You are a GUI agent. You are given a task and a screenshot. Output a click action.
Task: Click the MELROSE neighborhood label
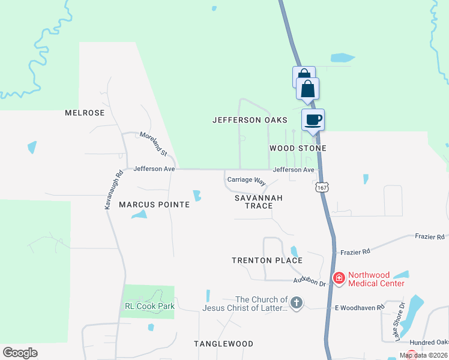click(85, 113)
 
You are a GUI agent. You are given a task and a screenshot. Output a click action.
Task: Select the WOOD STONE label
click(298, 148)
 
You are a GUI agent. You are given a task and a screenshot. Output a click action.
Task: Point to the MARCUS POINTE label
click(154, 205)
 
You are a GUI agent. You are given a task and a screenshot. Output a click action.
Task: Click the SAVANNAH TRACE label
click(258, 202)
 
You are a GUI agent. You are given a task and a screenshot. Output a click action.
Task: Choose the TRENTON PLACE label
click(267, 260)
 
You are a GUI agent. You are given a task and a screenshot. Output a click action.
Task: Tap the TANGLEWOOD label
click(223, 344)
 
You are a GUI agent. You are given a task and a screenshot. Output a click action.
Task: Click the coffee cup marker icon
click(313, 120)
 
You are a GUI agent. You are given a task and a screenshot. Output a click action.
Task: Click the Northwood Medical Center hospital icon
click(339, 277)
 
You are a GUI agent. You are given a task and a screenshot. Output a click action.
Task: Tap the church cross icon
click(296, 304)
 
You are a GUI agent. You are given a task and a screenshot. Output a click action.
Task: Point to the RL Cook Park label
click(150, 306)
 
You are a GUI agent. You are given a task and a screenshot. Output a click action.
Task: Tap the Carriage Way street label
click(246, 180)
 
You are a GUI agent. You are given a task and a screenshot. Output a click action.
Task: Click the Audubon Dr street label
click(309, 281)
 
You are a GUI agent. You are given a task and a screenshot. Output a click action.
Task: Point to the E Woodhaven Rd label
click(359, 308)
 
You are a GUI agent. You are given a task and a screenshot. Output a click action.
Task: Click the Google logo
click(20, 353)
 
